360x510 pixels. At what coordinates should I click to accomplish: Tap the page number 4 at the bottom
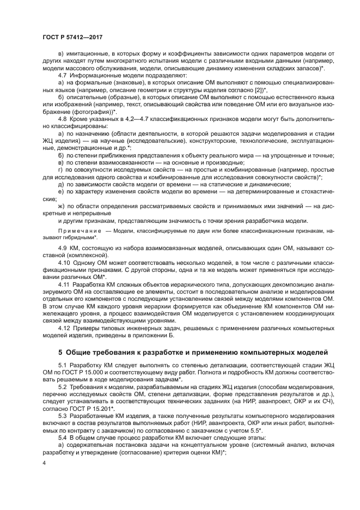45,463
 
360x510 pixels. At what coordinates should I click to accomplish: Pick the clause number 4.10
65,263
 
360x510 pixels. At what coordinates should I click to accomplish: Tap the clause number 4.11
65,284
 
